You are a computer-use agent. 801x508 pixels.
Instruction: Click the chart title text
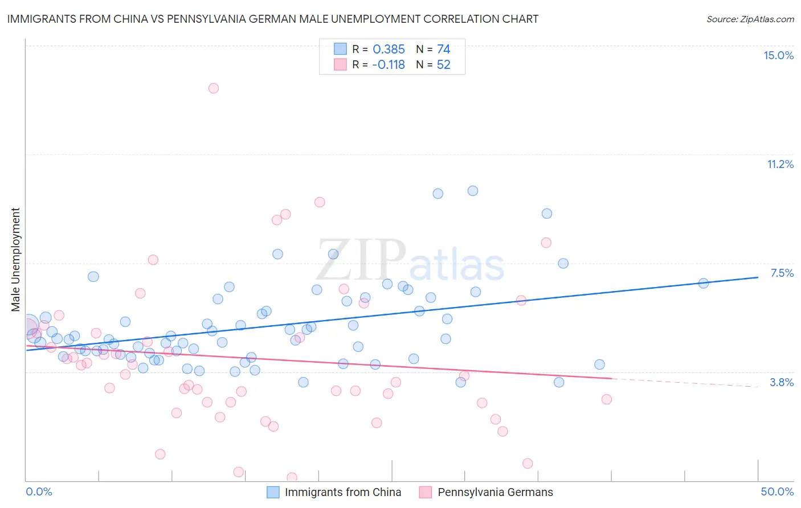tap(273, 19)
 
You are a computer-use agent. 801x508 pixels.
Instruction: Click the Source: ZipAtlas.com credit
tap(750, 19)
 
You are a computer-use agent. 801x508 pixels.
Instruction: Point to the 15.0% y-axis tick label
tap(778, 55)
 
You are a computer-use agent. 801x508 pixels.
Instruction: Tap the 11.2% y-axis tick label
tap(780, 164)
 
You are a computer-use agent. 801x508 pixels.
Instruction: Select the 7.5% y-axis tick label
tap(782, 273)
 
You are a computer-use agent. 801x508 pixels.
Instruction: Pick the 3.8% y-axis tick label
tap(782, 382)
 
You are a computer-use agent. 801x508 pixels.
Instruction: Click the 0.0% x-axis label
tap(39, 491)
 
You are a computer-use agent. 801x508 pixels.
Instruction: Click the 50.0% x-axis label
tap(777, 491)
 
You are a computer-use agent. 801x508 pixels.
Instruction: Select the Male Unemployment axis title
tap(15, 260)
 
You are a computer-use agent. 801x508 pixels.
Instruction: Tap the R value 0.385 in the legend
tap(389, 50)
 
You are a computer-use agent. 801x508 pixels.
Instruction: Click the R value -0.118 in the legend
tap(389, 65)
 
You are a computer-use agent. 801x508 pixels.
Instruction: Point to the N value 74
tap(443, 50)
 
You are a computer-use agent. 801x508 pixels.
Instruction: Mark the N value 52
tap(443, 65)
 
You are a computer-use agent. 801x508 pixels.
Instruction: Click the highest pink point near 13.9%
tap(214, 88)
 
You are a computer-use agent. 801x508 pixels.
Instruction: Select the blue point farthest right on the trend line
tap(704, 284)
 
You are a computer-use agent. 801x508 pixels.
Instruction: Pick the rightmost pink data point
tap(607, 399)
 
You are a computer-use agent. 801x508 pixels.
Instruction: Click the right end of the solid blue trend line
tap(758, 277)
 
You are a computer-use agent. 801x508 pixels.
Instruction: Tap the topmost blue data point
tap(473, 191)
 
